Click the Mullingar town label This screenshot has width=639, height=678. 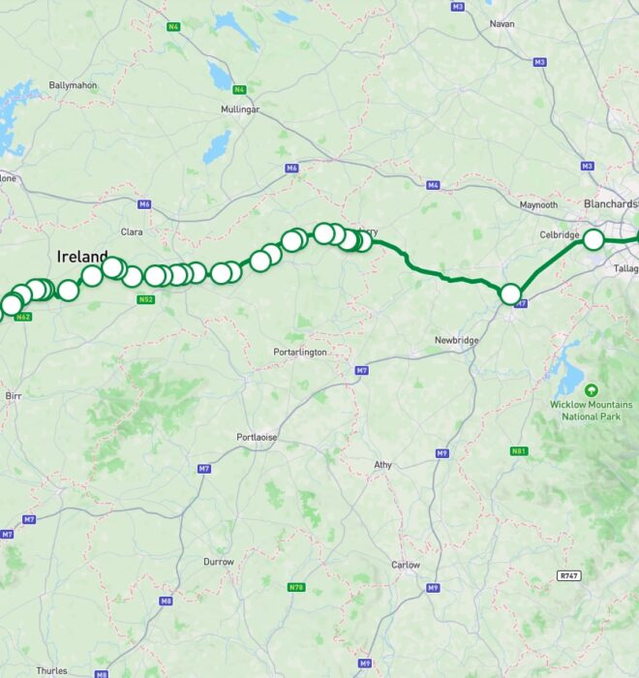pyautogui.click(x=240, y=110)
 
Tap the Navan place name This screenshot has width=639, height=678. pyautogui.click(x=502, y=23)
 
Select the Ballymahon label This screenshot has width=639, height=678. pyautogui.click(x=74, y=85)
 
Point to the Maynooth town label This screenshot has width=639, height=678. pyautogui.click(x=539, y=205)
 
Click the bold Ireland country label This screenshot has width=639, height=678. pyautogui.click(x=82, y=257)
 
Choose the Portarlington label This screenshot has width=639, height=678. pyautogui.click(x=300, y=352)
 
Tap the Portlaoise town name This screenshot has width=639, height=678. pyautogui.click(x=257, y=438)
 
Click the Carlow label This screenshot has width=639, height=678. pyautogui.click(x=406, y=565)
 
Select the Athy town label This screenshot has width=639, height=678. pyautogui.click(x=383, y=465)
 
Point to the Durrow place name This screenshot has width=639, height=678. pyautogui.click(x=219, y=562)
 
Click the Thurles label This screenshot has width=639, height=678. pyautogui.click(x=51, y=670)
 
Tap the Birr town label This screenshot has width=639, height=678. pyautogui.click(x=14, y=396)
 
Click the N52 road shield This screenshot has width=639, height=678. pyautogui.click(x=145, y=299)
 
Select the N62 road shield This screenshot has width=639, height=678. pyautogui.click(x=24, y=317)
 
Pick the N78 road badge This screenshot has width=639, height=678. pyautogui.click(x=296, y=587)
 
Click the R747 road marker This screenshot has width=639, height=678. pyautogui.click(x=569, y=575)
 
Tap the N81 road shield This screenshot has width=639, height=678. pyautogui.click(x=518, y=451)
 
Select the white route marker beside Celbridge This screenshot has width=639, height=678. pyautogui.click(x=593, y=239)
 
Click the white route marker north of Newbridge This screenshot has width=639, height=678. pyautogui.click(x=510, y=293)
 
